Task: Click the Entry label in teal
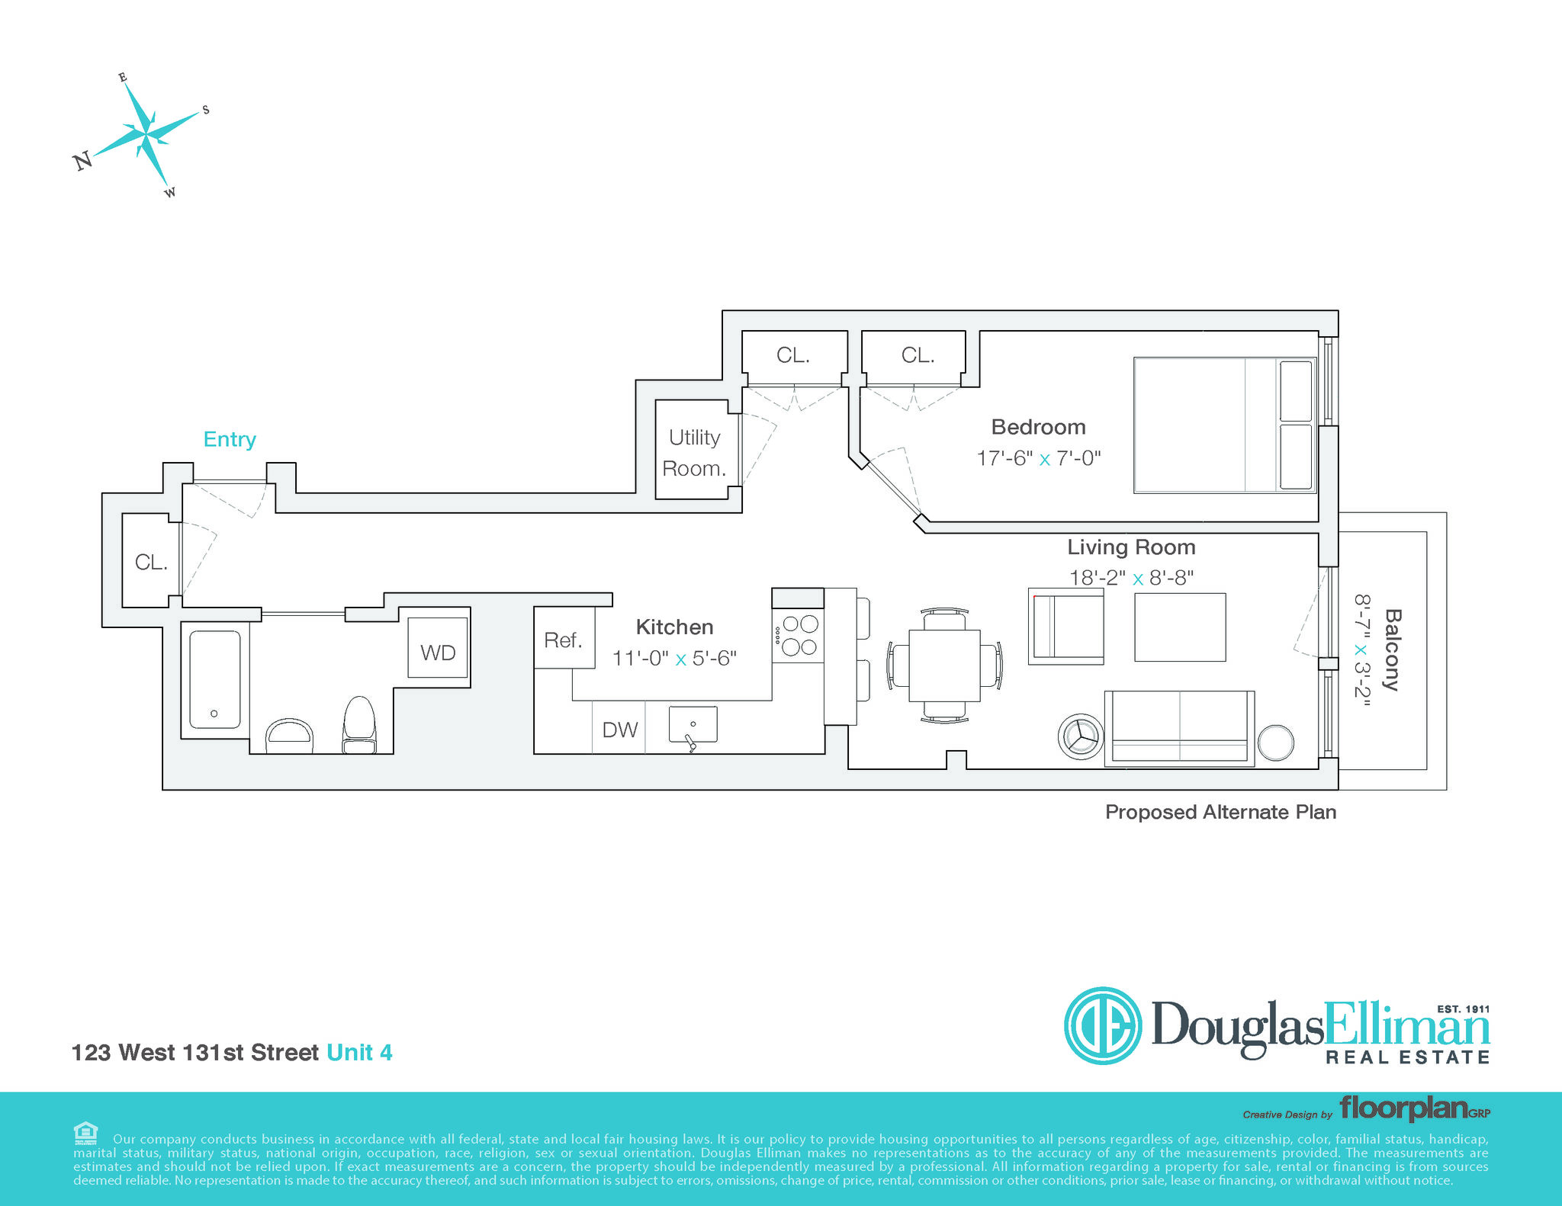pos(230,439)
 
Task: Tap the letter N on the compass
pos(82,160)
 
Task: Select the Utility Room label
pos(694,453)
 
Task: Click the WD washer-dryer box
pos(438,647)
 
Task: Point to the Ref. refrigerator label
pos(563,640)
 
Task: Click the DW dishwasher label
pos(619,730)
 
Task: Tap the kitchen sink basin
pos(693,724)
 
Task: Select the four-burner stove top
pos(798,635)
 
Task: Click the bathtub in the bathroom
pos(215,679)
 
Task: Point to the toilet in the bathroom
pos(359,724)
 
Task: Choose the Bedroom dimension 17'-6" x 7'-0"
pos(1039,458)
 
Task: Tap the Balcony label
pos(1393,650)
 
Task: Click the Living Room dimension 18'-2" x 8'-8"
pos(1131,578)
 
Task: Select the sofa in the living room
pos(1179,727)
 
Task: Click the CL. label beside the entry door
pos(151,562)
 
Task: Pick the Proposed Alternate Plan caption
pos(1220,812)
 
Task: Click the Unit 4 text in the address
pos(359,1052)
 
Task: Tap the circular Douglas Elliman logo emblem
pos(1103,1025)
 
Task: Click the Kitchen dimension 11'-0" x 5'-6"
pos(674,658)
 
